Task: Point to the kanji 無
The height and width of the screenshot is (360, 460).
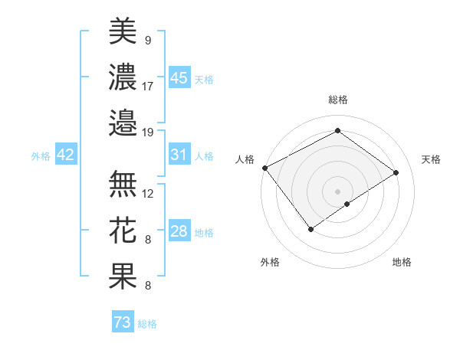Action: pos(123,183)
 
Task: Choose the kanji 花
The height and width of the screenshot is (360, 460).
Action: pos(123,230)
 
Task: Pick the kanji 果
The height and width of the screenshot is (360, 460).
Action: pos(123,276)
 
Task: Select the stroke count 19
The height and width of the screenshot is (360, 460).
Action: pos(148,132)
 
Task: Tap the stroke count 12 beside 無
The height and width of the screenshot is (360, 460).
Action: pos(148,193)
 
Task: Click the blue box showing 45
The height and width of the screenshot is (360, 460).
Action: pos(179,78)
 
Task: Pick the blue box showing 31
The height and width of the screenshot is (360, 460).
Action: pos(179,155)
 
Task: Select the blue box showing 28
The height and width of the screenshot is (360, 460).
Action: pos(179,231)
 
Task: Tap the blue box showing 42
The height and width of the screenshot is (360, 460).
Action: pos(66,155)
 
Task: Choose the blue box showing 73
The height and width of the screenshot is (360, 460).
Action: pos(123,323)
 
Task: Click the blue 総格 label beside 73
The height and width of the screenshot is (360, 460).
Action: pos(147,324)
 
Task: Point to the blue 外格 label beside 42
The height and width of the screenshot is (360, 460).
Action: pos(41,156)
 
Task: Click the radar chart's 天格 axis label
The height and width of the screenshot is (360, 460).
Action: pos(432,159)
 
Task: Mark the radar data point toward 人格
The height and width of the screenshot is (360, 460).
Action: pos(264,168)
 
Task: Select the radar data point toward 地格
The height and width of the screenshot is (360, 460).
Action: pos(347,204)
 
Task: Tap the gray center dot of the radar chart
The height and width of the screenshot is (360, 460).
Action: pos(337,191)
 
